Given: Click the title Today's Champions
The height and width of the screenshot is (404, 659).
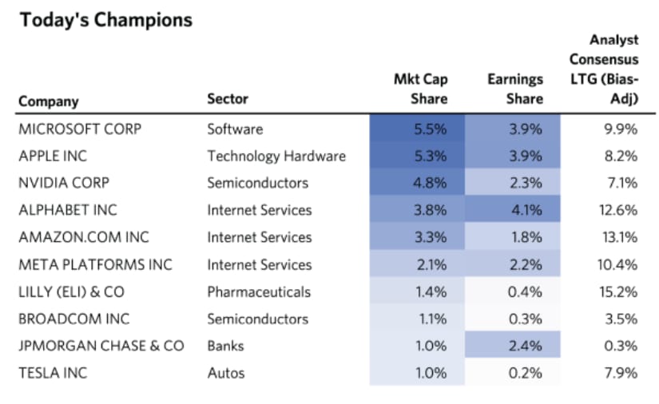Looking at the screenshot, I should [106, 21].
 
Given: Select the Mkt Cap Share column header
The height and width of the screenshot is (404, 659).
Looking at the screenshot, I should [421, 89].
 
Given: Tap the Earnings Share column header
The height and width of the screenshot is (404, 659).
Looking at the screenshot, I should [515, 89].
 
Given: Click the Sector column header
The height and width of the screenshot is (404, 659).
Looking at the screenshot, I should [228, 99].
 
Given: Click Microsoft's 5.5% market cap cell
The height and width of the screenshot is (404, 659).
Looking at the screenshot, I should [428, 129].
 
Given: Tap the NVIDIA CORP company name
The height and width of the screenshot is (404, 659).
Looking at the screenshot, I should [64, 183].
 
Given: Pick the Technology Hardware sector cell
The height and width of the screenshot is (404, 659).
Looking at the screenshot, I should [276, 156].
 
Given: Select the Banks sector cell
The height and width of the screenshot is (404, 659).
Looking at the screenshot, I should [225, 346].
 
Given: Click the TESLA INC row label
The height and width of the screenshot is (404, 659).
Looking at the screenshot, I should [53, 373].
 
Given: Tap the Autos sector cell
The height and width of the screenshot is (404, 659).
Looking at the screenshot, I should [226, 373].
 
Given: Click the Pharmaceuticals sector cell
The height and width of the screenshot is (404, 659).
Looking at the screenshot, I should [259, 291].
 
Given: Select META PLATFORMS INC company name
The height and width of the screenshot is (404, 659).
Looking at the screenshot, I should [95, 264].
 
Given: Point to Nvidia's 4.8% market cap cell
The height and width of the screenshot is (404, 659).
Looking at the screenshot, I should [428, 183].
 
